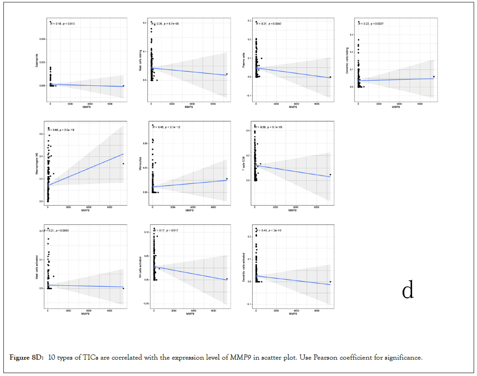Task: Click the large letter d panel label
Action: tap(408, 291)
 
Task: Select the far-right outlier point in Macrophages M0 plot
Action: tap(123, 164)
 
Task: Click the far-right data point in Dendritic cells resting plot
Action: tap(433, 76)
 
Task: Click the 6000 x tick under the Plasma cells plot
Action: tap(296, 104)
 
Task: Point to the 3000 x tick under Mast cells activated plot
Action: tap(69, 311)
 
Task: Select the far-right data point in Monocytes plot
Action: tap(226, 179)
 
